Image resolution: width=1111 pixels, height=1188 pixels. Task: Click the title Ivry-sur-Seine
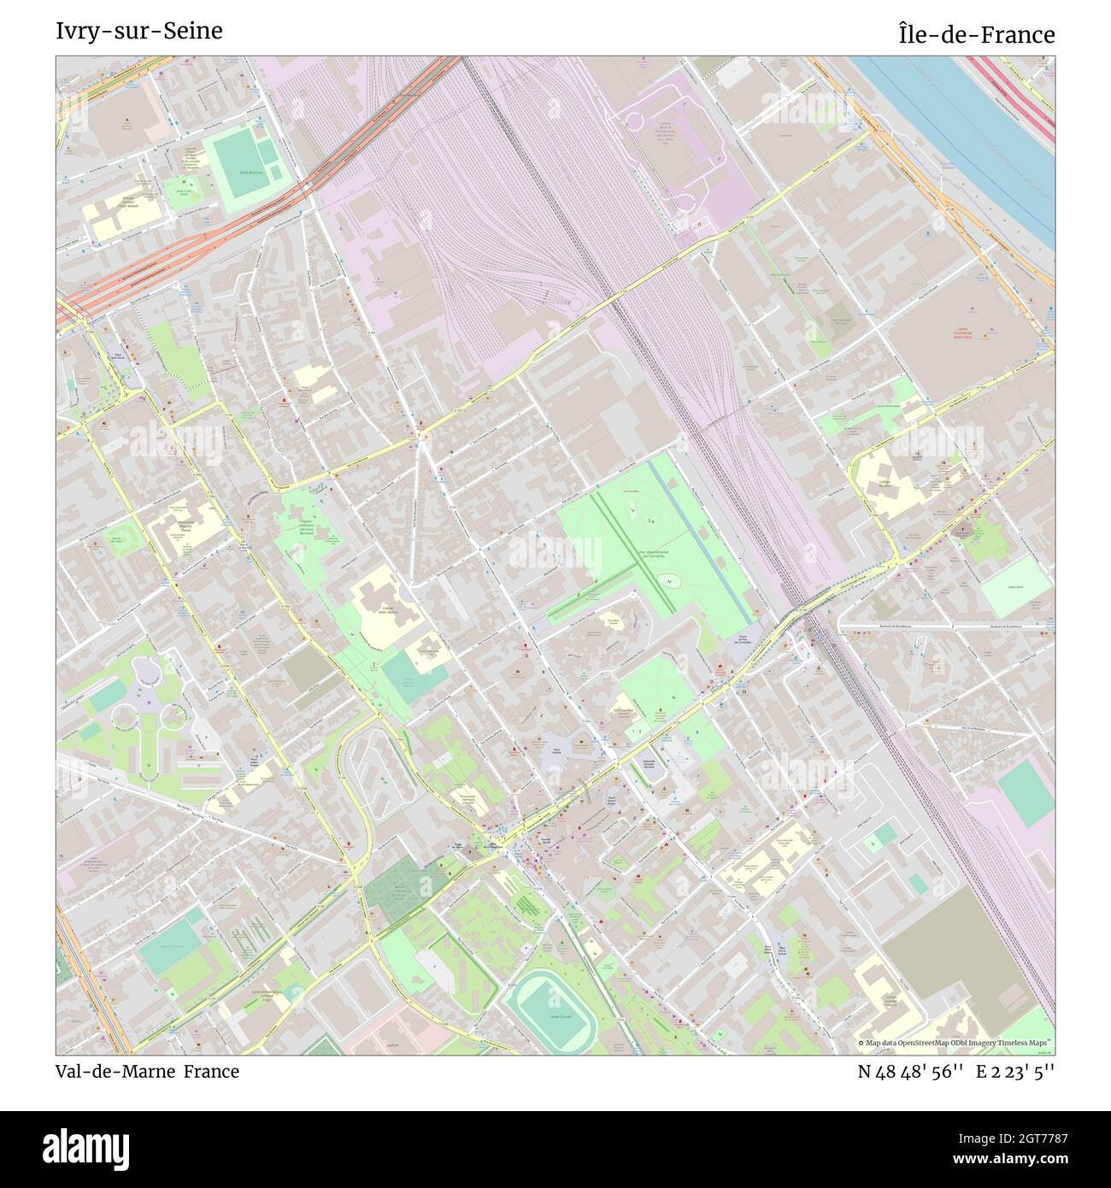coord(138,31)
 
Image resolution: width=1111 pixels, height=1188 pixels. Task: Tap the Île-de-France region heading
coord(976,35)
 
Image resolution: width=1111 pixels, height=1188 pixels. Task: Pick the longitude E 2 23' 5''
coord(1017,1072)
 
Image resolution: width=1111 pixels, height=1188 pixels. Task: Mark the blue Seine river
coord(983,145)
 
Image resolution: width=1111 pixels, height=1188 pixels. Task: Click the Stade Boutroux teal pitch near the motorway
coord(241,159)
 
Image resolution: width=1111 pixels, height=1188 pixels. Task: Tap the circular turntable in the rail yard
coord(575,304)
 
